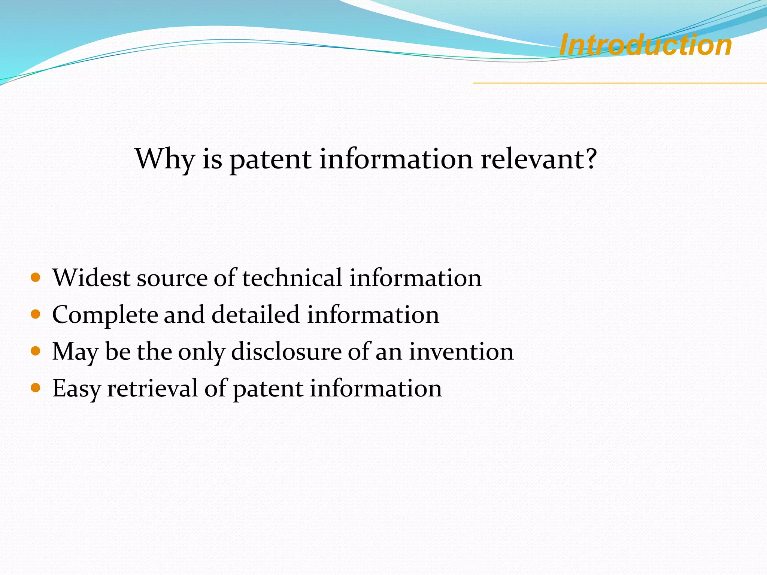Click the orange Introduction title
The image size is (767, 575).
[645, 45]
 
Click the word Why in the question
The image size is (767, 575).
[164, 159]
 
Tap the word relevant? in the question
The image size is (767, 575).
[539, 159]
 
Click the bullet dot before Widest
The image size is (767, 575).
[36, 278]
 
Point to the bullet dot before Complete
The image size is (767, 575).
[36, 314]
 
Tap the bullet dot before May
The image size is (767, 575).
[36, 351]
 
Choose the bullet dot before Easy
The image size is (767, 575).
[36, 388]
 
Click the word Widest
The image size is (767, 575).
[91, 278]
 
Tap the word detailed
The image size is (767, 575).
[255, 314]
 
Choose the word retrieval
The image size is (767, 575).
[152, 388]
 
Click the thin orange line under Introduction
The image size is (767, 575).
[620, 83]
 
